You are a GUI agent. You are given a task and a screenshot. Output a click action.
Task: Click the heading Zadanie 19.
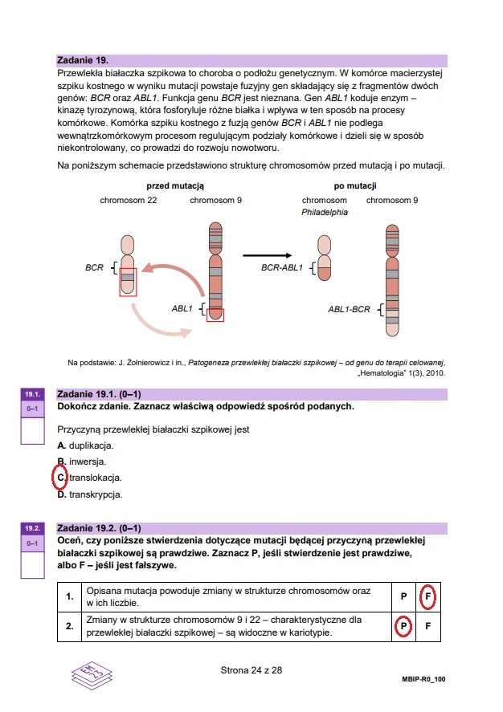tap(83, 60)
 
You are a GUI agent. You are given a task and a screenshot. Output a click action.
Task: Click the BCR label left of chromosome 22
tap(94, 267)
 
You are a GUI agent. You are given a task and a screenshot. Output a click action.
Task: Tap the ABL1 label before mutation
tap(182, 307)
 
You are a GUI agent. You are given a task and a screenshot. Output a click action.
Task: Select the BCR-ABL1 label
tap(281, 267)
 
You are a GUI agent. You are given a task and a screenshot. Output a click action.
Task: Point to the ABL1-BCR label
tap(349, 308)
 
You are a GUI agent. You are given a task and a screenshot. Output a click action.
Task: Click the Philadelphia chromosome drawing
tap(324, 258)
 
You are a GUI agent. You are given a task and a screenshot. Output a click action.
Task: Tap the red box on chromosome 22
tap(128, 282)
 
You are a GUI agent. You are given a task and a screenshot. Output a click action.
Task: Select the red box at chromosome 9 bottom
tap(215, 315)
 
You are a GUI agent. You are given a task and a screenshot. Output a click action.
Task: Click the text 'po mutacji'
tap(355, 186)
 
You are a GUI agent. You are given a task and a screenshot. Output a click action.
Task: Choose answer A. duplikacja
tap(85, 446)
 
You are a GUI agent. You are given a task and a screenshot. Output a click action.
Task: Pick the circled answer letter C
tap(60, 478)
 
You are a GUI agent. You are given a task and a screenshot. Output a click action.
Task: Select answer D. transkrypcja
tap(89, 494)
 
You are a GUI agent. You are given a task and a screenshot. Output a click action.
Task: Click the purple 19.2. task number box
tap(32, 529)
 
